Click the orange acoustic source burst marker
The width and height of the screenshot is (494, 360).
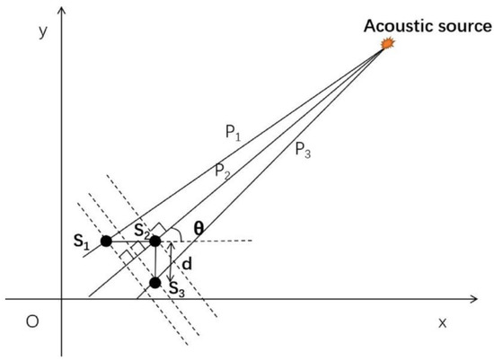tap(388, 43)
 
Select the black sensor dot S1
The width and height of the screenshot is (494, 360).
tap(106, 241)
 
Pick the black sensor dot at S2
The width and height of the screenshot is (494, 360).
tap(154, 241)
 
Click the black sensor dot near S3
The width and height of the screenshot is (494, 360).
tap(154, 283)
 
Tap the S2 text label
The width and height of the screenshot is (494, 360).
tap(140, 229)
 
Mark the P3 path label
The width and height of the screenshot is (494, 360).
tap(304, 150)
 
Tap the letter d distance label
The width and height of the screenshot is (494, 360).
tap(187, 264)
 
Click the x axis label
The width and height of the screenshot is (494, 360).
tap(442, 321)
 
